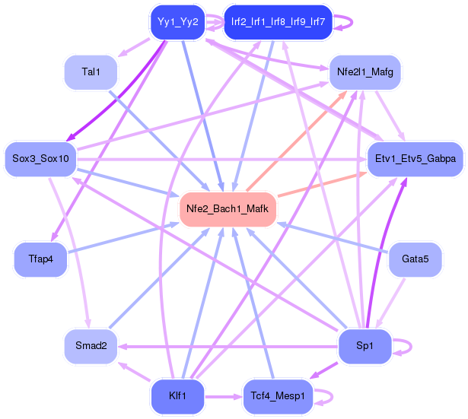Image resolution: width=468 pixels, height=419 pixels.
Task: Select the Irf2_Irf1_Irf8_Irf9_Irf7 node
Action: click(x=278, y=21)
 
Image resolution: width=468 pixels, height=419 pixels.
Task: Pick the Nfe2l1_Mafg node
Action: click(x=365, y=72)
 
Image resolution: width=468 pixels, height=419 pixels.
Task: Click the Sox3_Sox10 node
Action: click(x=41, y=158)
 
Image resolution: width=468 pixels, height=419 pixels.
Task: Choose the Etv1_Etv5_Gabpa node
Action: click(x=415, y=158)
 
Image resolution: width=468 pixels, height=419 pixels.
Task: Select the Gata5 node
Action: click(x=415, y=259)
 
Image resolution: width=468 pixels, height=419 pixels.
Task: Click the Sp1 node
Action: click(x=365, y=345)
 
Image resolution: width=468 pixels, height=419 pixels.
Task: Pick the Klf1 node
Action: click(x=178, y=396)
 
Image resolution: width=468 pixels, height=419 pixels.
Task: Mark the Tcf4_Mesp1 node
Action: click(x=278, y=396)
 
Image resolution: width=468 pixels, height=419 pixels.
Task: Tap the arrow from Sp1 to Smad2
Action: click(x=228, y=346)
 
